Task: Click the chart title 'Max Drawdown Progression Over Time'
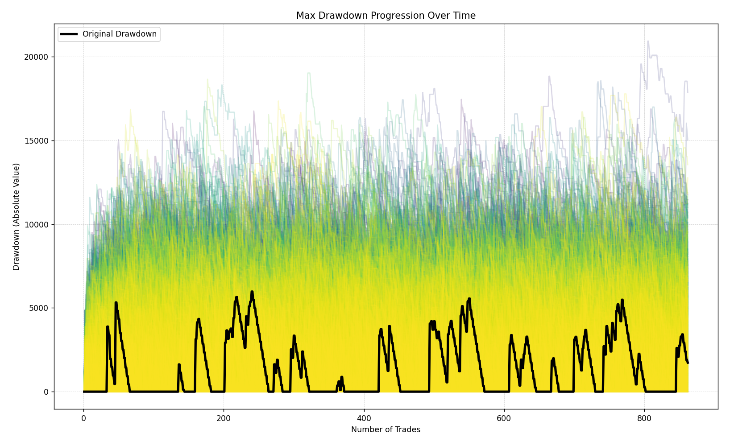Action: click(386, 16)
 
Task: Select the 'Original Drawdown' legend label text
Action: click(120, 34)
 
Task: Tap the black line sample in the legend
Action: click(69, 34)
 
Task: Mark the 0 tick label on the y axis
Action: click(46, 392)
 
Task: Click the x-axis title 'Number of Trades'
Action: click(386, 430)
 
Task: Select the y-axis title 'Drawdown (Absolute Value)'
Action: click(17, 217)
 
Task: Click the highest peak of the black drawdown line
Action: click(252, 292)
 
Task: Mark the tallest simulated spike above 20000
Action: click(648, 41)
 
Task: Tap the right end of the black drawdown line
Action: click(688, 363)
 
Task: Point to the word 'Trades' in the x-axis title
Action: click(408, 430)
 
